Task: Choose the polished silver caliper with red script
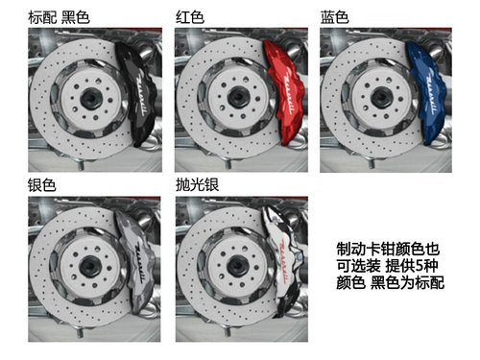(284, 262)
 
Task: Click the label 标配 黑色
(59, 17)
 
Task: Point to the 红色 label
(190, 17)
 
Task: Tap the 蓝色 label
(334, 17)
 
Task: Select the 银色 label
(42, 185)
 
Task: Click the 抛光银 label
(197, 185)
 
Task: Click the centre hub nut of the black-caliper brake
(91, 99)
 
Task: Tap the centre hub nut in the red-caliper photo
(238, 97)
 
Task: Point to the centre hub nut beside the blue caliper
(381, 97)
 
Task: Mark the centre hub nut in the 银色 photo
(90, 267)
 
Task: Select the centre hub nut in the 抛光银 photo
(238, 266)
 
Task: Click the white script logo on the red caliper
(289, 90)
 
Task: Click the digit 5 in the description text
(418, 266)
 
